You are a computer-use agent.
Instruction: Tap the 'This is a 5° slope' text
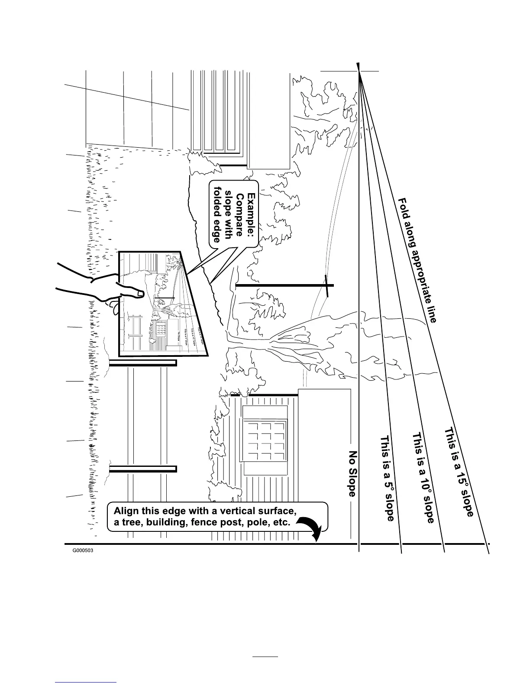[x=387, y=478]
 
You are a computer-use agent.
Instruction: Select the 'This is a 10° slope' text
[x=423, y=478]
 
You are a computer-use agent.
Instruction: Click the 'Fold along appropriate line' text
[x=417, y=260]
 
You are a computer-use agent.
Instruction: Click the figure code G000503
[x=83, y=552]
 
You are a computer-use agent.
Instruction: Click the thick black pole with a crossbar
[x=284, y=285]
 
